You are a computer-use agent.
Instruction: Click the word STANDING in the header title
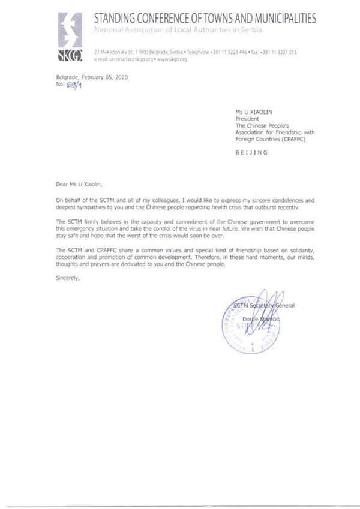pyautogui.click(x=119, y=19)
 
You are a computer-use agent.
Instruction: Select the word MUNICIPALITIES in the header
pyautogui.click(x=281, y=19)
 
